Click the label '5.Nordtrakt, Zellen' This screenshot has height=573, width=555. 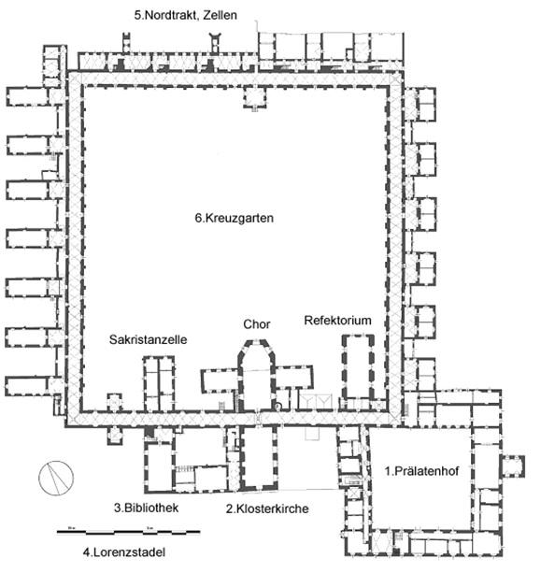[186, 15]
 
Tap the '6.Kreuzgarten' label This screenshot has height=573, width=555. [235, 218]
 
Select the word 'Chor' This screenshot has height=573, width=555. [257, 324]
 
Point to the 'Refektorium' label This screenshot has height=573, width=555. [337, 321]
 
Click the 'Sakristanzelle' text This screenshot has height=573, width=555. [148, 339]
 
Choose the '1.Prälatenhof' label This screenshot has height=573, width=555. [421, 471]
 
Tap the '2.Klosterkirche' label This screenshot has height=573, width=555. [267, 509]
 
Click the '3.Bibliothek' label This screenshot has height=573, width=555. [146, 508]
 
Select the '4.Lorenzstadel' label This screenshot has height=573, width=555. [124, 552]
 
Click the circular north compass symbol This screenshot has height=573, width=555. [56, 478]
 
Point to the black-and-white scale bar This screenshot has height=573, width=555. [129, 532]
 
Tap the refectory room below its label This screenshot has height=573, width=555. [358, 366]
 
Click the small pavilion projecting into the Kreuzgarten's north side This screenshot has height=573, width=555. [255, 97]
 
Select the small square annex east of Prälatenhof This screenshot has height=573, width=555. [513, 466]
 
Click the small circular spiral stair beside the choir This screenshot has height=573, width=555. [278, 406]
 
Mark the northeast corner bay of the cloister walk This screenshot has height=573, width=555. [395, 79]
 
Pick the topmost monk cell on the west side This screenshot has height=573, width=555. [27, 96]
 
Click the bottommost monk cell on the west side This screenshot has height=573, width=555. [26, 386]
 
